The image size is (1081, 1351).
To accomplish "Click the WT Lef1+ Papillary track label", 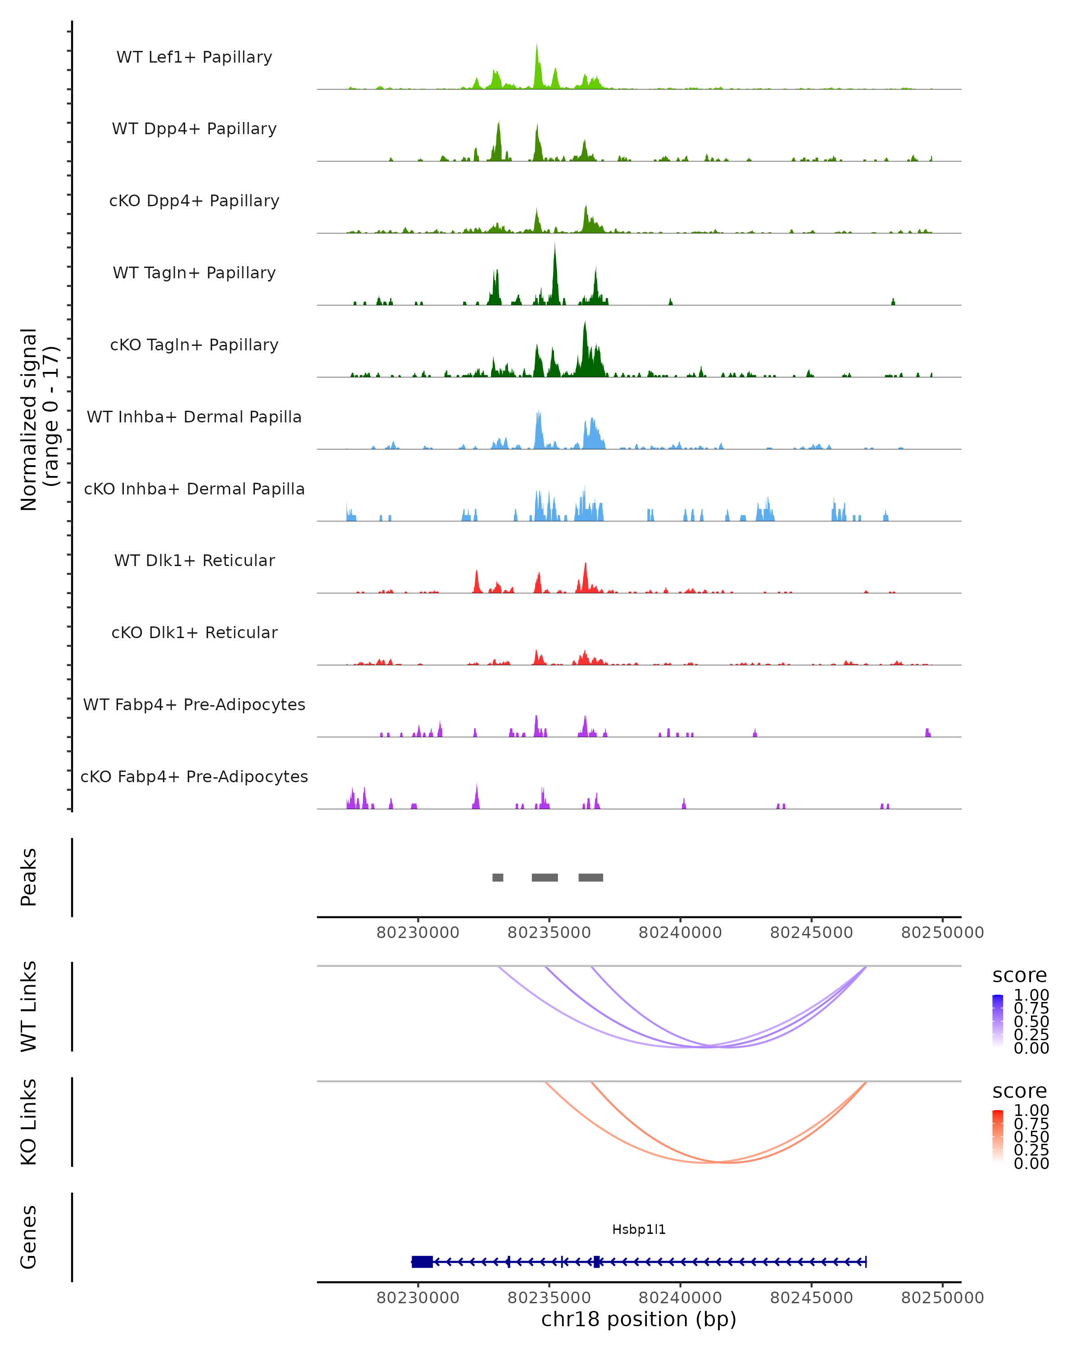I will tap(194, 57).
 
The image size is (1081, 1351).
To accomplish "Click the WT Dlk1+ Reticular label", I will tap(194, 560).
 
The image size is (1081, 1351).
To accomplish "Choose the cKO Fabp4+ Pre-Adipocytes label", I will tap(194, 776).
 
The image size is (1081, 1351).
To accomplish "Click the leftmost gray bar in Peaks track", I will tap(498, 877).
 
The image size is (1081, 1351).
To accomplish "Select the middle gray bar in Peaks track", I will tap(545, 877).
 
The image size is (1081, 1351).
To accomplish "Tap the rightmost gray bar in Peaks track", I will tap(590, 877).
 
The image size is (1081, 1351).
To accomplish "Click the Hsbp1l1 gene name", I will tap(639, 1229).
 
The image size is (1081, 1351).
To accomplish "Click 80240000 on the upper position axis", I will tap(680, 933).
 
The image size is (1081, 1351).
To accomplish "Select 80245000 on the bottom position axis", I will tap(811, 1297).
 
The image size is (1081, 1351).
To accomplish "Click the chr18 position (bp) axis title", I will tap(639, 1319).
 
